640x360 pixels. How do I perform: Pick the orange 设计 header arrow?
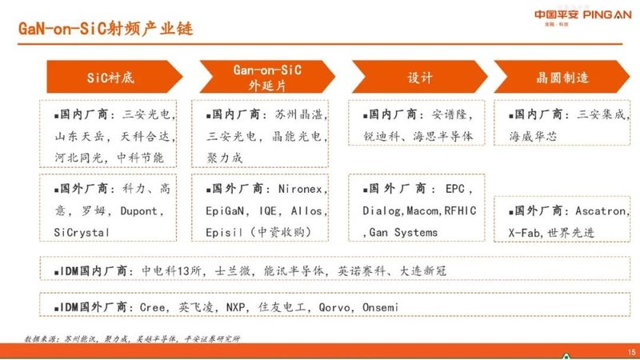pos(419,78)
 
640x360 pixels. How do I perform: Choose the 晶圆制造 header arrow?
pos(562,78)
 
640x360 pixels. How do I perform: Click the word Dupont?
pos(142,212)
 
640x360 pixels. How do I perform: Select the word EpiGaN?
pos(225,212)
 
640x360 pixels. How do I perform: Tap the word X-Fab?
pos(526,232)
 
